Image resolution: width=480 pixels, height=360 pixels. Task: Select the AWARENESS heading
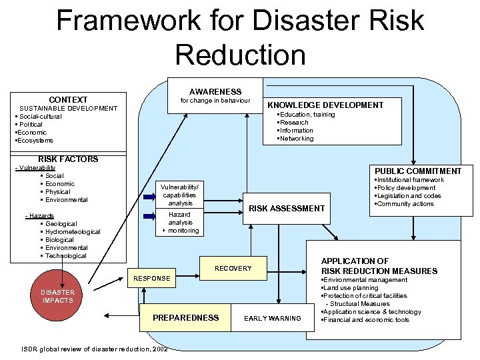tap(215, 91)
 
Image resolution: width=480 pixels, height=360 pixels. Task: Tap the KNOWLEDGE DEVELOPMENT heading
tap(325, 105)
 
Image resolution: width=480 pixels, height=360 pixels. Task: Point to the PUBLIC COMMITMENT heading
tap(417, 171)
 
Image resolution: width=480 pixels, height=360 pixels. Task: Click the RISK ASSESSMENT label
tap(286, 209)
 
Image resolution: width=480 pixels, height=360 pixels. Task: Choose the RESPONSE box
tap(152, 278)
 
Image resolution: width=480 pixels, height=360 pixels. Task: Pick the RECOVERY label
tap(233, 269)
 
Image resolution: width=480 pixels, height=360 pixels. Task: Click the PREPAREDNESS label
tap(185, 318)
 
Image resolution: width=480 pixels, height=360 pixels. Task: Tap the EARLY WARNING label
tap(272, 319)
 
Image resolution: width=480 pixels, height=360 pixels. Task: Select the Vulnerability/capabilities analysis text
tap(180, 195)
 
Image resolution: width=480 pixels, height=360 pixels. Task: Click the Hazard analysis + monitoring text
tap(180, 223)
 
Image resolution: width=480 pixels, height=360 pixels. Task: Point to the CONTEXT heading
tap(67, 100)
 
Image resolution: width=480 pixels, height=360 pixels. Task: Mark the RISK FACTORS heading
tap(68, 159)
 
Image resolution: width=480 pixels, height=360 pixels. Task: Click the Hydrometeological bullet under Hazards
tap(73, 232)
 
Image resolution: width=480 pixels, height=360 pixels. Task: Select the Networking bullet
tap(296, 139)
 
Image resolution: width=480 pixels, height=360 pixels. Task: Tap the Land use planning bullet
tap(351, 288)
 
